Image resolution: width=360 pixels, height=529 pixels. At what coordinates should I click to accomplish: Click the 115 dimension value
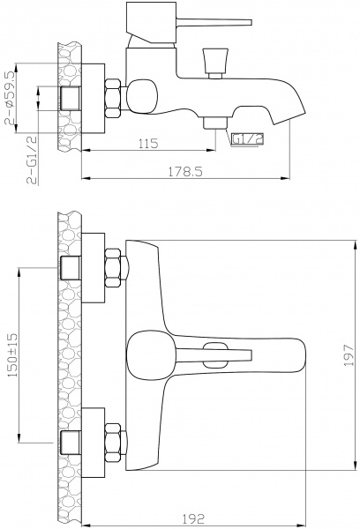(148, 144)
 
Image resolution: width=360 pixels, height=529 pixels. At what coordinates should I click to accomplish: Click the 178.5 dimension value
(185, 172)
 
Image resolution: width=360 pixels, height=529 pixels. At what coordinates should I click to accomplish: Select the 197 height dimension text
(349, 355)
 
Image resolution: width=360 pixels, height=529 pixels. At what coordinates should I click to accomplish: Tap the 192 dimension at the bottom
(193, 518)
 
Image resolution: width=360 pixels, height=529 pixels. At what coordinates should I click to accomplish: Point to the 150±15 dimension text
(13, 355)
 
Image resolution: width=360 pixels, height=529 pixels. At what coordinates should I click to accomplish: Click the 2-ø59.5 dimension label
(10, 98)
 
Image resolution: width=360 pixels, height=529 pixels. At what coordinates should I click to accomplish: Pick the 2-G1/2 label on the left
(32, 159)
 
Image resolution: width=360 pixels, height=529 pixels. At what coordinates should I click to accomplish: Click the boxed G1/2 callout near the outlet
(247, 139)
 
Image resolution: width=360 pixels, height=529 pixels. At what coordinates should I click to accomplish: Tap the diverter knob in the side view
(215, 63)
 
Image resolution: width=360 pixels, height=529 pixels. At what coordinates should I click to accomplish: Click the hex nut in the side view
(113, 98)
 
